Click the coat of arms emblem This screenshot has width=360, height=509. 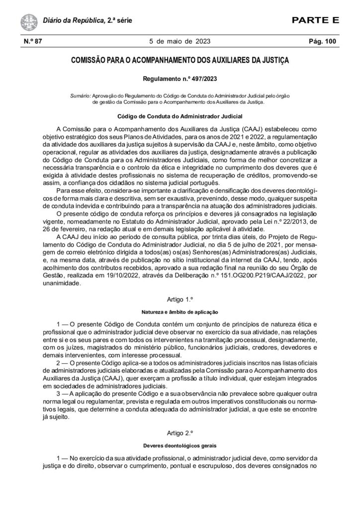coord(27,21)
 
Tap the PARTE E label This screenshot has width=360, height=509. coord(315,20)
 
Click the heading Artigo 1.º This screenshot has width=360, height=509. coord(180,300)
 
